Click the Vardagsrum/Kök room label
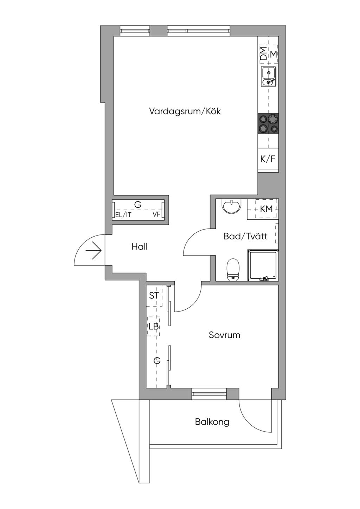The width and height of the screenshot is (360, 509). point(185,111)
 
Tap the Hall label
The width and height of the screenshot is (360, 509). point(140,247)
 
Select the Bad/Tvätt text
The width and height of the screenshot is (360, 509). point(245,236)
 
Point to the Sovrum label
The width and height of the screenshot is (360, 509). point(224,335)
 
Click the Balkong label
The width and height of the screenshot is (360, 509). point(212,421)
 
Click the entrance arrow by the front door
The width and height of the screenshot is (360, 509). point(94,251)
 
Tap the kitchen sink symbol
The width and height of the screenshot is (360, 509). point(269,76)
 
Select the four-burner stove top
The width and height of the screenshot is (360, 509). point(268,124)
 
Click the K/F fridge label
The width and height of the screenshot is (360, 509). point(268,159)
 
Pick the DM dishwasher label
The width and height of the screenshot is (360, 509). point(263,54)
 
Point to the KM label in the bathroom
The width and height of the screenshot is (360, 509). point(266,209)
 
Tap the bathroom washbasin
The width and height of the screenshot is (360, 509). point(232,206)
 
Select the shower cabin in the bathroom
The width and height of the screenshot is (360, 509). point(263,265)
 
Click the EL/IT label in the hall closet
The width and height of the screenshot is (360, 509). point(123,215)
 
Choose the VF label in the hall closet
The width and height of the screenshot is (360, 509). point(156,214)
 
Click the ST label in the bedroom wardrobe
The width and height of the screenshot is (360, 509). point(154,296)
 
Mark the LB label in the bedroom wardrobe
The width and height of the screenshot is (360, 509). point(154,326)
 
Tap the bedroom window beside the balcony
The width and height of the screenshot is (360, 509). point(209,394)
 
